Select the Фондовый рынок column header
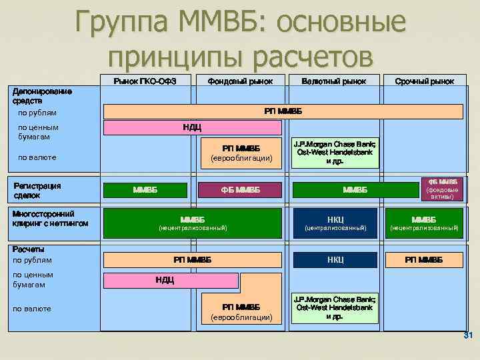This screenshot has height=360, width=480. coord(240,81)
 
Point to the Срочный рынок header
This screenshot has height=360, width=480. coord(424,81)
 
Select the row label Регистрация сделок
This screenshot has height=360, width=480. coord(37,190)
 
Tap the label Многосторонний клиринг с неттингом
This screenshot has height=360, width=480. coord(49,218)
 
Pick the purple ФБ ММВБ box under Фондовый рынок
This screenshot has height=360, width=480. coord(240,191)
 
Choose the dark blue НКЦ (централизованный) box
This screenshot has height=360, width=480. coord(335,223)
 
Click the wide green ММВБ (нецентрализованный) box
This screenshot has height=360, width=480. coord(193,223)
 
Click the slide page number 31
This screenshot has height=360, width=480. coord(467,334)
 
